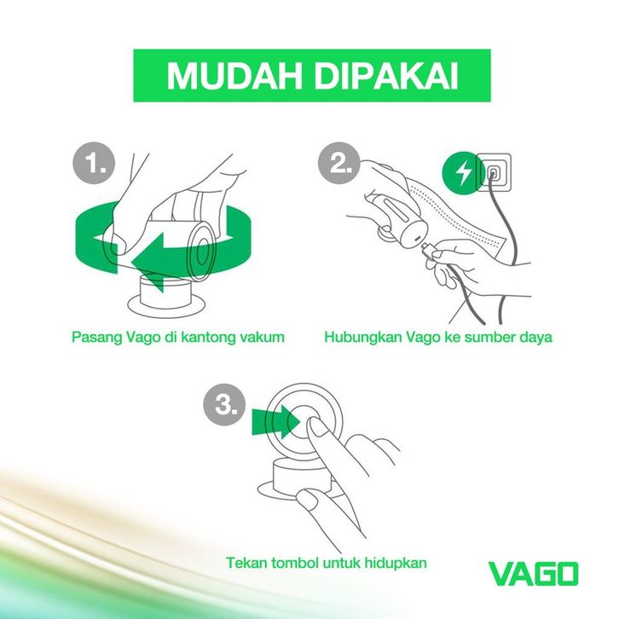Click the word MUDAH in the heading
point(234,75)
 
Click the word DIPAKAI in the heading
point(386,75)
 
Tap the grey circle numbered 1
point(94,162)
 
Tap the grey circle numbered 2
point(339,162)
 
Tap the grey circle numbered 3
point(224,405)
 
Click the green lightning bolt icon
point(462,173)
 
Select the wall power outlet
point(494,172)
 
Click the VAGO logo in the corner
point(534,574)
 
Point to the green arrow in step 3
point(276,421)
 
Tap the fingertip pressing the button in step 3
point(315,425)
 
